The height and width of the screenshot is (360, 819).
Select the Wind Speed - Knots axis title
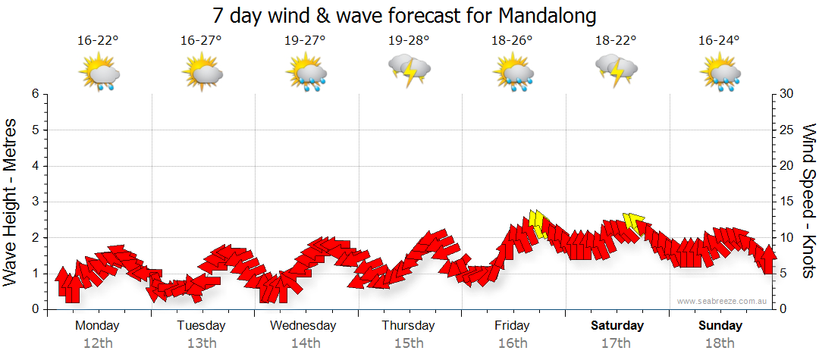coord(807,202)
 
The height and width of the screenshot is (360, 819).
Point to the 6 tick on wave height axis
coord(35,94)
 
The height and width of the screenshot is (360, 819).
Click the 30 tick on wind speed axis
coord(788,94)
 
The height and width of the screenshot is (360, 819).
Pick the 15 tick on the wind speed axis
coord(787,202)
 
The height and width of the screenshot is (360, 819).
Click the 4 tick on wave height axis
coord(35,166)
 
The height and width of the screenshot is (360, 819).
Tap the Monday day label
coord(97,326)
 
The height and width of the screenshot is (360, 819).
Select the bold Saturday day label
coord(617,326)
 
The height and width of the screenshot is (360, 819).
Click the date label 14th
coord(305,343)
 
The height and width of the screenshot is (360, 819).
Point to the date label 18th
coord(720,343)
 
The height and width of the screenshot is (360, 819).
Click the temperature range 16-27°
coord(201,41)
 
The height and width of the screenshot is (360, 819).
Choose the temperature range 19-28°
coord(409,41)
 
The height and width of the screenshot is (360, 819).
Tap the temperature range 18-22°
coord(616,41)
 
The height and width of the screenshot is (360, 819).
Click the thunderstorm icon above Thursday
coord(409,70)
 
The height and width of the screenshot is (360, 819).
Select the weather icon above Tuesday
coord(202,74)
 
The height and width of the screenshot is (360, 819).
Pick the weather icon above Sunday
coord(720,74)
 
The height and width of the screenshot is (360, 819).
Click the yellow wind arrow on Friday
coord(538,224)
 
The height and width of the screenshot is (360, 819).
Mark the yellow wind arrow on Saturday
coord(633,222)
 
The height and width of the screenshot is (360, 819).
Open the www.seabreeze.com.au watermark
coord(723,302)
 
